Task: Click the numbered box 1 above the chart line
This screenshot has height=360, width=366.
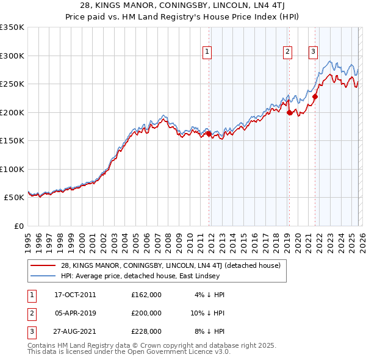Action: coord(207,52)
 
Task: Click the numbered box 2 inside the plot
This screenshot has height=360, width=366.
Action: coord(287,52)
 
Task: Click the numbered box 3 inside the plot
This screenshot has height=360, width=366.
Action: coord(313,52)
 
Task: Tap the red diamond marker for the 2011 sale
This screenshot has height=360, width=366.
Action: coord(209,134)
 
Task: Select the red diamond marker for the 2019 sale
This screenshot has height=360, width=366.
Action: coord(289,112)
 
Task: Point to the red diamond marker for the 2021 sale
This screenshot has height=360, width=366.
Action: coord(315,96)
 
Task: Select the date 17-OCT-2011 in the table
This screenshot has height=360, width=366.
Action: coord(75,295)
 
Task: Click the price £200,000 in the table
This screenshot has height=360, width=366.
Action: coord(146,313)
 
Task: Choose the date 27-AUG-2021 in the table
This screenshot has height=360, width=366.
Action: coord(75,331)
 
